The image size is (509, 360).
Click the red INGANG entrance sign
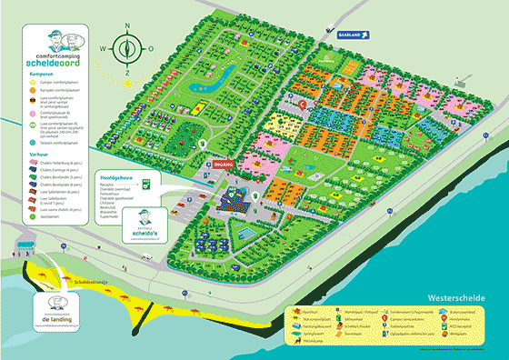click(225, 165)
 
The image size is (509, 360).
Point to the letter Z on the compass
click(127, 72)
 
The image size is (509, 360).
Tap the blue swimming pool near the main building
click(244, 235)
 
